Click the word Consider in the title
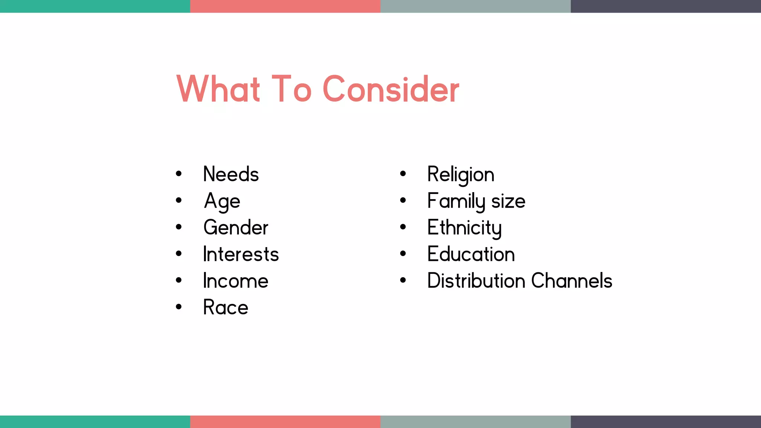(391, 89)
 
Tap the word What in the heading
(218, 89)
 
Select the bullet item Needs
(231, 174)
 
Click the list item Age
(222, 201)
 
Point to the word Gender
(236, 227)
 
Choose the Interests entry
(241, 254)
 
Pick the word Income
(236, 281)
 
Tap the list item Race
(226, 308)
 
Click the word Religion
(461, 174)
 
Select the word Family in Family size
(456, 201)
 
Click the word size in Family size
(508, 201)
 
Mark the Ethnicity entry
(464, 228)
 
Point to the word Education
(471, 254)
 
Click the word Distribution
(476, 281)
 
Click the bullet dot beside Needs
(179, 174)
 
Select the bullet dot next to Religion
(403, 174)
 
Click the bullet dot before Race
(179, 307)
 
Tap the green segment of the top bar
(95, 6)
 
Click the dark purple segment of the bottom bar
(666, 422)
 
